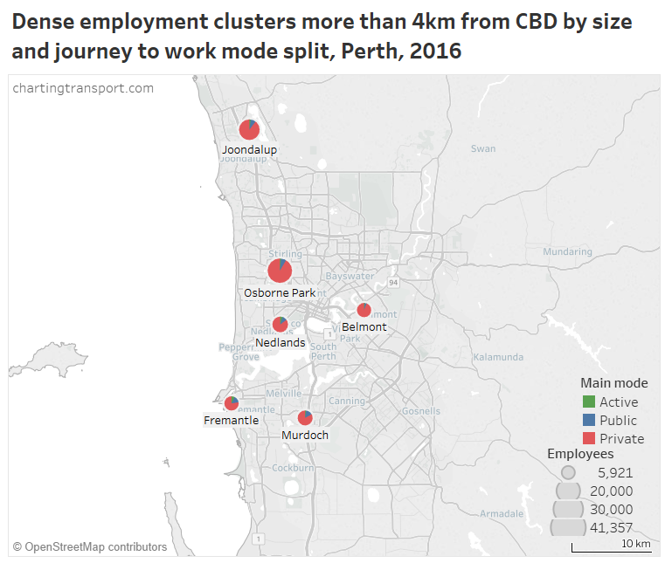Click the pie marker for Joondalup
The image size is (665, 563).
pyautogui.click(x=249, y=129)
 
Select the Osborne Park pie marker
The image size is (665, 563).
pyautogui.click(x=280, y=271)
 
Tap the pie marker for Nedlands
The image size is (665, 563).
pyautogui.click(x=281, y=325)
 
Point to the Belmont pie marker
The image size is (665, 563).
pyautogui.click(x=364, y=310)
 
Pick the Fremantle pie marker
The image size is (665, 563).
pyautogui.click(x=231, y=403)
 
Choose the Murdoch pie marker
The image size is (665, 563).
pyautogui.click(x=304, y=418)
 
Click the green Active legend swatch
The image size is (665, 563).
pyautogui.click(x=588, y=402)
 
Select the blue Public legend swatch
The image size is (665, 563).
pyautogui.click(x=588, y=421)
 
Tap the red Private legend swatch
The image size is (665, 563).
pyautogui.click(x=588, y=439)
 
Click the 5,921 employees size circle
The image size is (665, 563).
pyautogui.click(x=569, y=472)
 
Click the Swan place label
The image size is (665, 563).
pyautogui.click(x=483, y=148)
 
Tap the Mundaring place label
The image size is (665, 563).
pyautogui.click(x=567, y=251)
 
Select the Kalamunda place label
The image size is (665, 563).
pyautogui.click(x=497, y=357)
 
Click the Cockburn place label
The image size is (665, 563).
pyautogui.click(x=293, y=468)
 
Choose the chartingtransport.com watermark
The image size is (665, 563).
pyautogui.click(x=83, y=88)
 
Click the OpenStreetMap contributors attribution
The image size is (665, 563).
pyautogui.click(x=90, y=547)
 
